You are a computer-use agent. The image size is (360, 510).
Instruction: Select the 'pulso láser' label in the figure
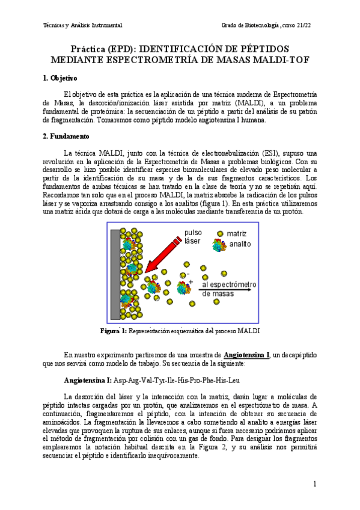click(x=194, y=236)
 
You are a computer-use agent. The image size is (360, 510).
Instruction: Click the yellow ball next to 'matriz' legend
click(x=220, y=233)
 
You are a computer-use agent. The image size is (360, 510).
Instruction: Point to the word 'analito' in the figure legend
click(x=239, y=244)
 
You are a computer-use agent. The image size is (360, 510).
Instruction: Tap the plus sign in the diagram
click(x=191, y=281)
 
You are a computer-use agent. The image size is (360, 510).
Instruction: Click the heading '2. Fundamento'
click(x=66, y=137)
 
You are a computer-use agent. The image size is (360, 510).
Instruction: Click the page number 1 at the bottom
click(x=314, y=484)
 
